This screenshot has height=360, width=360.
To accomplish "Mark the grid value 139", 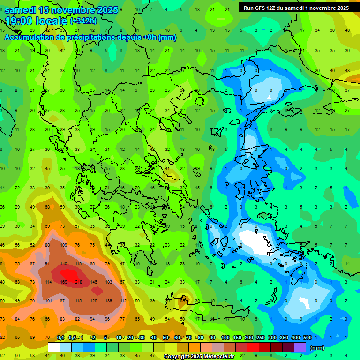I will (108, 300).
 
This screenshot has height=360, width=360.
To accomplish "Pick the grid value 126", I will (93, 300).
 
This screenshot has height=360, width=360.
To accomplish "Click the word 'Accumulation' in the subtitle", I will (29, 37).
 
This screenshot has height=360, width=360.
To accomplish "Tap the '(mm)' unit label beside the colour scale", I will (317, 348).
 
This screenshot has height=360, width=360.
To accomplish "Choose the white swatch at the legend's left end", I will (54, 347).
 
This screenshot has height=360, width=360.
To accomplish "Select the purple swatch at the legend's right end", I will (300, 347).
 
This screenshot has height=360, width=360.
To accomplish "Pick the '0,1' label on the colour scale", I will (60, 337).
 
